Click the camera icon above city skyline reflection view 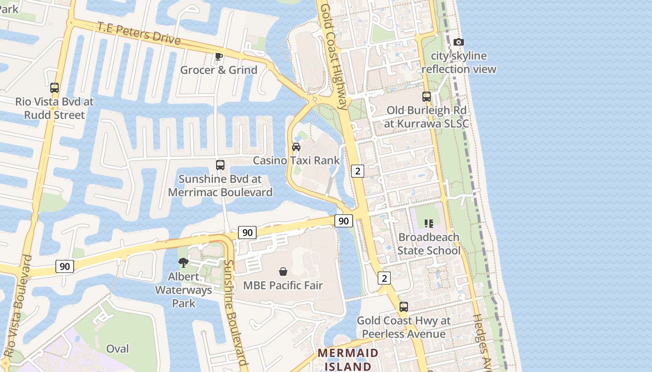point(458,42)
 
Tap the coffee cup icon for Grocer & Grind point(218,57)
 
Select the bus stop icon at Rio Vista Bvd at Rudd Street point(54,87)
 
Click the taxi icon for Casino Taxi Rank point(296,147)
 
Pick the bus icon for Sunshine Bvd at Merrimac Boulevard point(220,165)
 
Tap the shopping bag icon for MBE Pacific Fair point(283,272)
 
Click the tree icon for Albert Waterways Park point(183,263)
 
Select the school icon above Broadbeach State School point(428,224)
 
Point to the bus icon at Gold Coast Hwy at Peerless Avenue point(403,307)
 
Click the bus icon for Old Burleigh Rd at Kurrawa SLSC point(426,97)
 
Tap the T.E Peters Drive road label point(138,33)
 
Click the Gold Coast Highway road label point(334,56)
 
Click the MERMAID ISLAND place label point(348,359)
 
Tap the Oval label point(117,349)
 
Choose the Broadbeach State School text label point(428,244)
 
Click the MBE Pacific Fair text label point(283,285)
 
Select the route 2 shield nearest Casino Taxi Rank point(357,171)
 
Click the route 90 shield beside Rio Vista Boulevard point(64,266)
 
